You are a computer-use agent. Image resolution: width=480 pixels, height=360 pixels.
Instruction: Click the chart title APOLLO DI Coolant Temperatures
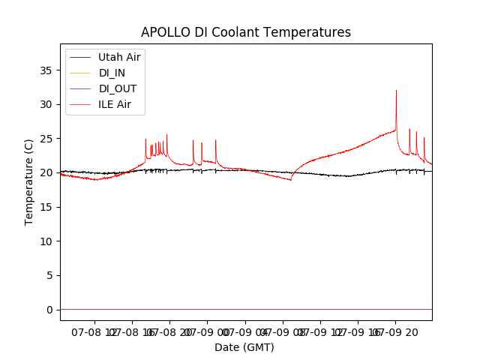click(246, 32)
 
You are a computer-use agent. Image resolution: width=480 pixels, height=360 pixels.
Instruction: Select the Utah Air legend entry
click(119, 57)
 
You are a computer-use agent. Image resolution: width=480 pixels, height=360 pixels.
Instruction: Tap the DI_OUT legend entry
click(117, 88)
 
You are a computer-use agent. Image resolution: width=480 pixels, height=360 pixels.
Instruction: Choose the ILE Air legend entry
click(115, 104)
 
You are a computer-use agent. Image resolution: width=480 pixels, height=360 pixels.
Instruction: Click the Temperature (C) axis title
click(29, 181)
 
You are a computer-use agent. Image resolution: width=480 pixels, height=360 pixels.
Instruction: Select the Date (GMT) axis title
click(244, 347)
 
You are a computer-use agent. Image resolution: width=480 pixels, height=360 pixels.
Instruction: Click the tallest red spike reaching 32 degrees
click(396, 91)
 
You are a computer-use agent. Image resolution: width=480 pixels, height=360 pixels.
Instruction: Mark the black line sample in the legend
click(81, 57)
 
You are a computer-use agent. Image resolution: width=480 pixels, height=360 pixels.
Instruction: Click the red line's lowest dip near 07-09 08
click(290, 180)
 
